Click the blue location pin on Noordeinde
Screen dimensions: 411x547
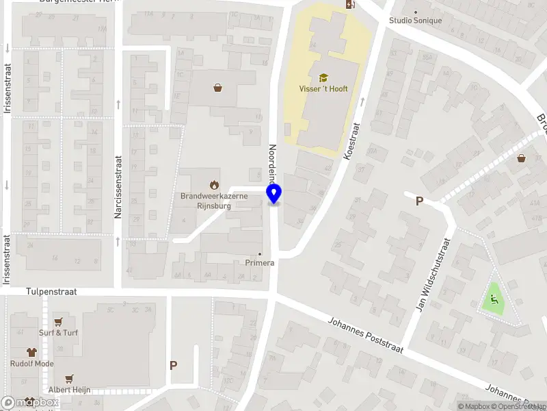tap(274, 194)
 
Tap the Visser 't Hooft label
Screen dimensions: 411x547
tap(323, 89)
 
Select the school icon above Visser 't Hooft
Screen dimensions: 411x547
tap(323, 77)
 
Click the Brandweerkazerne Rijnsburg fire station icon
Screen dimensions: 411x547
tap(214, 184)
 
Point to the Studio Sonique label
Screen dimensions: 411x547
tap(416, 21)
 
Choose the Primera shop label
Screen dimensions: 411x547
tap(260, 262)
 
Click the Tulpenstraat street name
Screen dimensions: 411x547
tap(52, 292)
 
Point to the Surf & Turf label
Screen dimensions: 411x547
tap(58, 332)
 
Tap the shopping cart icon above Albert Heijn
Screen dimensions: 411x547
tap(69, 379)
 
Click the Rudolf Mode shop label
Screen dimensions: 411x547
tap(32, 364)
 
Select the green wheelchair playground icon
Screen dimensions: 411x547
tap(493, 299)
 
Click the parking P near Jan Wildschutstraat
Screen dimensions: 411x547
tap(420, 201)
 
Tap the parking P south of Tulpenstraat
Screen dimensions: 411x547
tap(174, 366)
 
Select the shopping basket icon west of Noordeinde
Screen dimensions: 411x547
tap(217, 88)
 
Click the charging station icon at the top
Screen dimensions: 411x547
tap(351, 4)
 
